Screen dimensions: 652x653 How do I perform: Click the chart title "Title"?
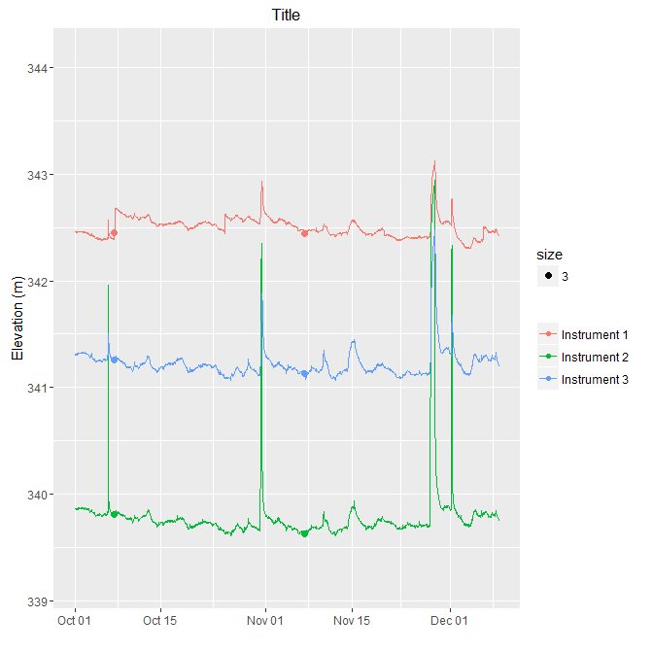pyautogui.click(x=285, y=14)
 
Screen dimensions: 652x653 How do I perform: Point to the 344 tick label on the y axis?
pyautogui.click(x=31, y=68)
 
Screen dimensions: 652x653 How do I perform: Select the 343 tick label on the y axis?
pyautogui.click(x=31, y=175)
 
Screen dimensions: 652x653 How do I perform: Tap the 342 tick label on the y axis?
pyautogui.click(x=31, y=282)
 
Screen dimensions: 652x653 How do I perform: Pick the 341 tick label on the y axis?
pyautogui.click(x=31, y=389)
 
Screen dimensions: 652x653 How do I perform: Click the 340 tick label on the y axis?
pyautogui.click(x=31, y=496)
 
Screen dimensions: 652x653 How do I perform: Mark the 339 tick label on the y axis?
pyautogui.click(x=31, y=602)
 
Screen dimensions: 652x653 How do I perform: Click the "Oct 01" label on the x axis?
pyautogui.click(x=75, y=620)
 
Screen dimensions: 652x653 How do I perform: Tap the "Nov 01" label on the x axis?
pyautogui.click(x=264, y=620)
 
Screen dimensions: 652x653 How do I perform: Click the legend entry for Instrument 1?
pyautogui.click(x=595, y=333)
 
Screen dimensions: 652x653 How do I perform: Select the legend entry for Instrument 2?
pyautogui.click(x=595, y=357)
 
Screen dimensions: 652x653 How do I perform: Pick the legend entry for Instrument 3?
pyautogui.click(x=595, y=379)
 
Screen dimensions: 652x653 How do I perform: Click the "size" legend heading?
pyautogui.click(x=550, y=255)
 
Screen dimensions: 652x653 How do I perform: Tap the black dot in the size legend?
pyautogui.click(x=549, y=277)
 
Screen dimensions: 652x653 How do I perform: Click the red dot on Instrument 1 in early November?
pyautogui.click(x=304, y=233)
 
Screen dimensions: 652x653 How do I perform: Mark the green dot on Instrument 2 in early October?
pyautogui.click(x=115, y=514)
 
